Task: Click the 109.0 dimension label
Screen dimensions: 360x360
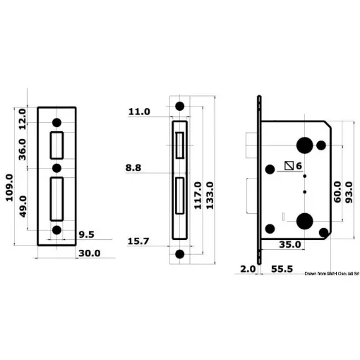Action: coord(10,188)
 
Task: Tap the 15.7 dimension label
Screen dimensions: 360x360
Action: coord(138,241)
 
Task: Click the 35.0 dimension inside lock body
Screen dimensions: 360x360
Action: coord(290,245)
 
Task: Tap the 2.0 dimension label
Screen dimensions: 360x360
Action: coord(248,269)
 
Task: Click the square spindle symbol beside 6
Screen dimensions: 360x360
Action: coord(288,167)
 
